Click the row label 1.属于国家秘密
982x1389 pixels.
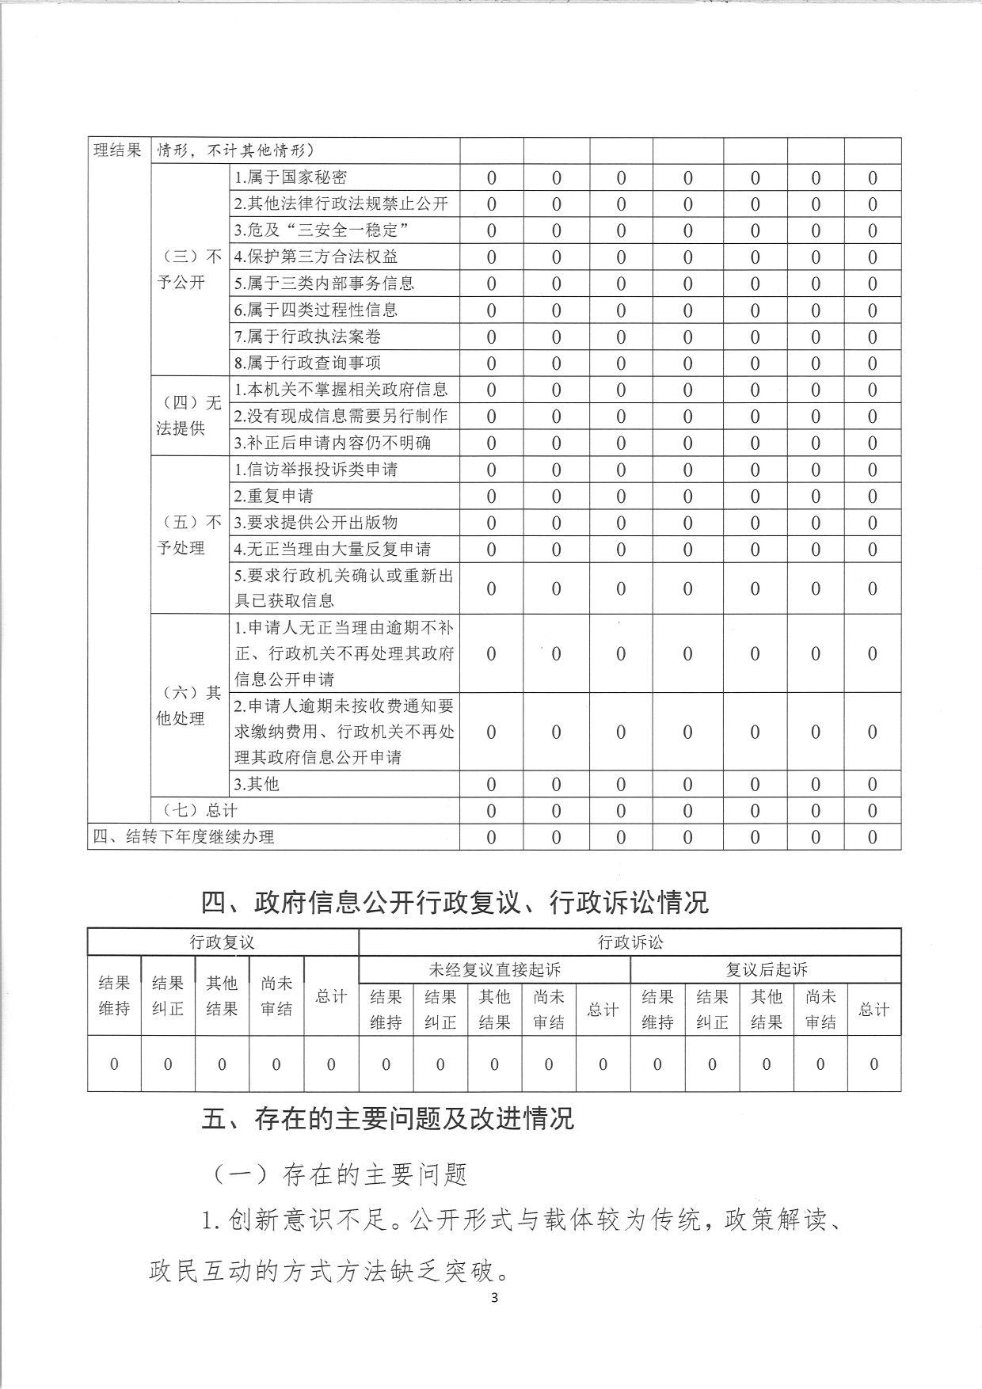[291, 177]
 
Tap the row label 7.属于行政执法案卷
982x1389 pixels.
[307, 337]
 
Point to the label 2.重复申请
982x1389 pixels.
[273, 496]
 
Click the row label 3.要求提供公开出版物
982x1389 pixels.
[316, 523]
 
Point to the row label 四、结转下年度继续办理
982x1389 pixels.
[184, 837]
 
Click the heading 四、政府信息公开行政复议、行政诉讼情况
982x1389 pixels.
[455, 902]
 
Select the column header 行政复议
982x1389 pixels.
[223, 942]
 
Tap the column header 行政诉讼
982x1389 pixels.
[630, 942]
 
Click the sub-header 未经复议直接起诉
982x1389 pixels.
[494, 969]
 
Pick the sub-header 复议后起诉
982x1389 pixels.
[766, 969]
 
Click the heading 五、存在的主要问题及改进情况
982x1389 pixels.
[387, 1118]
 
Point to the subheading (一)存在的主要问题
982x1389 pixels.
[340, 1174]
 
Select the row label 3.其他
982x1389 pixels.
[257, 784]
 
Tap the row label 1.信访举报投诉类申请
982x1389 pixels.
[316, 470]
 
